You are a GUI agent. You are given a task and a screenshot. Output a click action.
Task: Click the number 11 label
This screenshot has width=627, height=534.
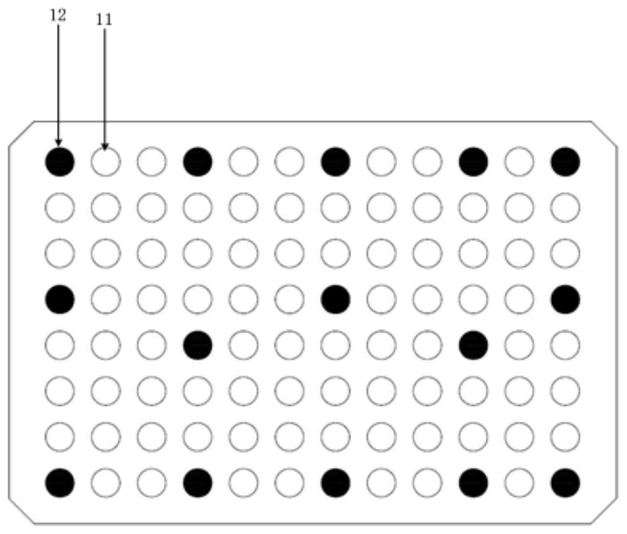click(104, 20)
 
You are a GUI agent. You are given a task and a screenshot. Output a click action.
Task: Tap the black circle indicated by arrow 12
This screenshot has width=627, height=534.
click(60, 162)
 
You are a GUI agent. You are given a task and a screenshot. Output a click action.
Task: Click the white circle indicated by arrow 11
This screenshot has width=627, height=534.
click(106, 162)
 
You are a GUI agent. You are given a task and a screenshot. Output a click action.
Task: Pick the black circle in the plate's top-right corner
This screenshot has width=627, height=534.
click(565, 162)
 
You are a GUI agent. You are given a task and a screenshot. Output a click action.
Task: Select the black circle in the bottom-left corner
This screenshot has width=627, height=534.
click(60, 483)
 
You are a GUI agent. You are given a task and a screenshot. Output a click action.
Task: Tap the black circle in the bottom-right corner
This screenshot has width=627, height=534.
click(565, 483)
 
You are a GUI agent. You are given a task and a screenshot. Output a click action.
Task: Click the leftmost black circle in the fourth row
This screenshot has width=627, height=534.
click(60, 299)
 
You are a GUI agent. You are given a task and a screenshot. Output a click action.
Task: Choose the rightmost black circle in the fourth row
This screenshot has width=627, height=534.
click(565, 299)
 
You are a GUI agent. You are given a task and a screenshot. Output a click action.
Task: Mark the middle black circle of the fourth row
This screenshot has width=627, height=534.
click(336, 299)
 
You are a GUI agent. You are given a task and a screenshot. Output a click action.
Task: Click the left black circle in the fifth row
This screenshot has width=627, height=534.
click(198, 345)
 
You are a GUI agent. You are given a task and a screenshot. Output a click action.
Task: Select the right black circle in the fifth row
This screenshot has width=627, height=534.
click(473, 345)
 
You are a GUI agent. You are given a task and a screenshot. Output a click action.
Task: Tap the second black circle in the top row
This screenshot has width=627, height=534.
click(198, 162)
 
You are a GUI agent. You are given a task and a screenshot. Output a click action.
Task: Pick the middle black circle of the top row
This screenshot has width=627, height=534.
click(336, 162)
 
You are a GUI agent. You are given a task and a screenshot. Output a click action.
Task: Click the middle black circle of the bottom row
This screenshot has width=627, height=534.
click(336, 483)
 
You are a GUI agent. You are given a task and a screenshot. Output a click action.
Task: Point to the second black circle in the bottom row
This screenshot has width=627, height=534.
click(198, 483)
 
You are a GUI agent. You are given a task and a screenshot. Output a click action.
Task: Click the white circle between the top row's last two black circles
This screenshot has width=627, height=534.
click(519, 162)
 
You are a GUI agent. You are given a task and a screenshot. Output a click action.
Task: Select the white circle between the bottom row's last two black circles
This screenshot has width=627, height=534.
click(519, 483)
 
